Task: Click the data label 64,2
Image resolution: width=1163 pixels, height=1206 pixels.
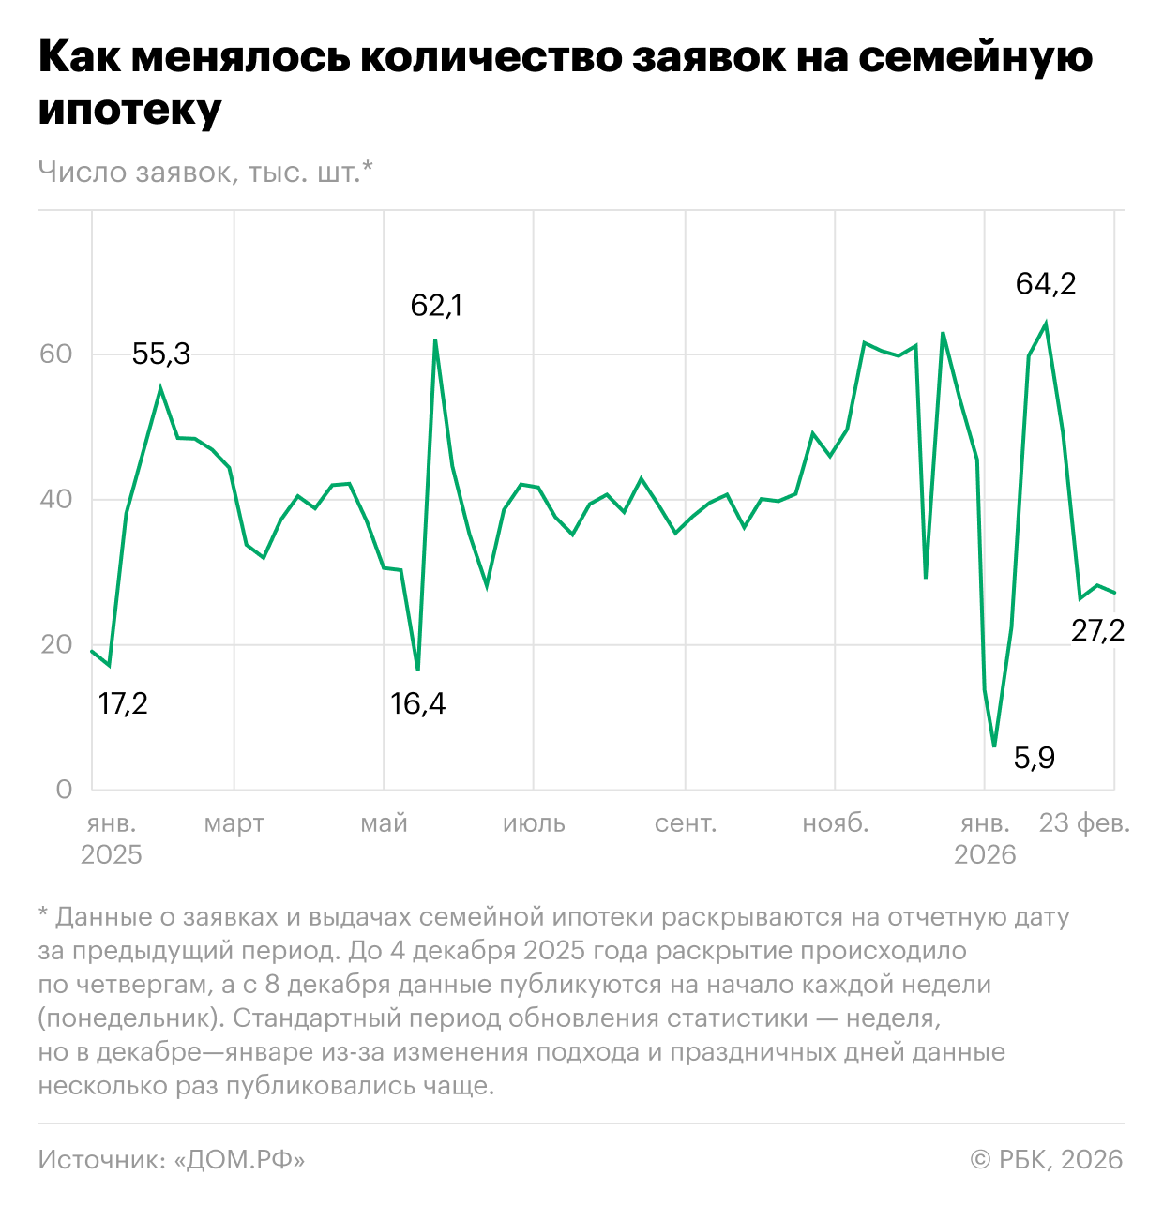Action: point(1046,283)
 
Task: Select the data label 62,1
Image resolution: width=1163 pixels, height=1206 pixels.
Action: point(436,306)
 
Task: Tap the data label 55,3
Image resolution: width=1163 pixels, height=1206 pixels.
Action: point(160,354)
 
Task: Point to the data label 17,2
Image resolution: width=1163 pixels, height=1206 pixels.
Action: point(123,702)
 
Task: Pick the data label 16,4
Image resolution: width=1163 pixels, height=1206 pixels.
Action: point(417,702)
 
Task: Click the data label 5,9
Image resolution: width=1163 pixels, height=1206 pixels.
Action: point(1035,758)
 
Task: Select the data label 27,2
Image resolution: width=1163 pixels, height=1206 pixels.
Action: point(1097,630)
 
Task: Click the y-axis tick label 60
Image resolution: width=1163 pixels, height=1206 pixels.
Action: point(56,354)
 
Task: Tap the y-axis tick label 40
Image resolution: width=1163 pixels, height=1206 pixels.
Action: point(56,499)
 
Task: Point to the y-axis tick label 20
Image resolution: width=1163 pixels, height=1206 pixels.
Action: point(56,644)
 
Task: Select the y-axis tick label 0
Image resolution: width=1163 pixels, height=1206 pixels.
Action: point(64,790)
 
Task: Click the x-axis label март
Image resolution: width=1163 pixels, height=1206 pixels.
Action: point(234,823)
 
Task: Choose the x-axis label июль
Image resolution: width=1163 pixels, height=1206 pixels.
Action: point(534,823)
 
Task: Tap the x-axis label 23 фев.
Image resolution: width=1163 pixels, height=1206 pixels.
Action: point(1084,823)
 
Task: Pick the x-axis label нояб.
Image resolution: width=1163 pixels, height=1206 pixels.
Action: point(835,823)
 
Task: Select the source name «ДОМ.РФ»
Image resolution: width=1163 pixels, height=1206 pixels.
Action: point(240,1160)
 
